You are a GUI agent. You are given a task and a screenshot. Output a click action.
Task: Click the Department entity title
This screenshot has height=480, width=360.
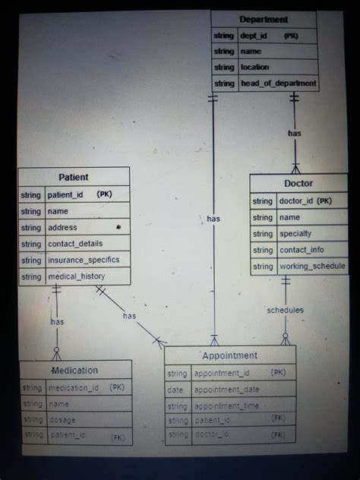point(264,19)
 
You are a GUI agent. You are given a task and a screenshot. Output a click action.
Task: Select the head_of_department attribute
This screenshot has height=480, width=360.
point(278,84)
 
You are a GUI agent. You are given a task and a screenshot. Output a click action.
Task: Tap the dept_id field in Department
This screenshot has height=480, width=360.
point(255,36)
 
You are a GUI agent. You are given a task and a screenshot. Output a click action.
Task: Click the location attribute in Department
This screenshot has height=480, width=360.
point(255,68)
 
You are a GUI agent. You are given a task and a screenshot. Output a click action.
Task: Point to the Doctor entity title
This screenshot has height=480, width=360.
point(298,183)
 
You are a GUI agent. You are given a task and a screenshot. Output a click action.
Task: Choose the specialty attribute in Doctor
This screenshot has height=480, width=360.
point(295,234)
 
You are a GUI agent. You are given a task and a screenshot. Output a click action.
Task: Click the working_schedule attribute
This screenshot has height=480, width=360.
point(312,267)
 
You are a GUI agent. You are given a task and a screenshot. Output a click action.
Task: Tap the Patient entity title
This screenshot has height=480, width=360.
point(74,177)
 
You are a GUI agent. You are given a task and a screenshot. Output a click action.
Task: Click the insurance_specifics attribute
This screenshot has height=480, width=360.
point(84,260)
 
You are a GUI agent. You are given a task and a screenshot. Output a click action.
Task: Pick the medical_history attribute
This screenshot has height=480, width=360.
point(77,276)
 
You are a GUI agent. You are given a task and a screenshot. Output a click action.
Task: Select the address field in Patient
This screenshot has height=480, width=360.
point(62,227)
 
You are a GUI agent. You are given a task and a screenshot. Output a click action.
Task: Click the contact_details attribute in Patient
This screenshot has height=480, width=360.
point(75,244)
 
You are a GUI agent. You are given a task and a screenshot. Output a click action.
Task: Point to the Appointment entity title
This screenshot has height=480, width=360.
point(229,355)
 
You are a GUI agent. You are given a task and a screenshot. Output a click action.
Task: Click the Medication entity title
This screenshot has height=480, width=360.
point(74,371)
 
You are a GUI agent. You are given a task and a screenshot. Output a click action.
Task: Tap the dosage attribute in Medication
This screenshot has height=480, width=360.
point(62,419)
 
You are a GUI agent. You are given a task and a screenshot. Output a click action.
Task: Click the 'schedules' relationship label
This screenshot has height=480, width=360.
point(285,310)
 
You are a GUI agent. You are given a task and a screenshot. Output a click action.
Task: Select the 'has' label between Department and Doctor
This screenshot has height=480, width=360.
point(295,133)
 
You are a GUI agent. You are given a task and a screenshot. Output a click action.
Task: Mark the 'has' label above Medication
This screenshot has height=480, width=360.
point(57,322)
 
